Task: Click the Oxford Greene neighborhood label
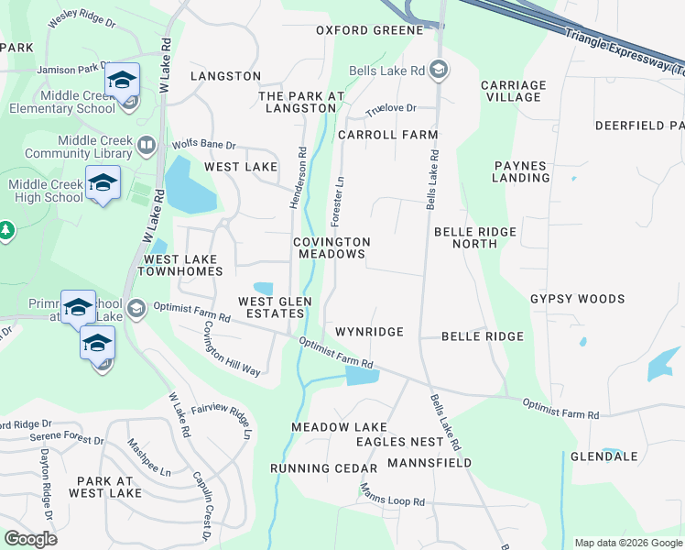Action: point(369,30)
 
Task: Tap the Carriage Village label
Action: point(513,91)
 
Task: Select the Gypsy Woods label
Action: point(577,299)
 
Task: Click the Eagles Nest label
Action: point(400,442)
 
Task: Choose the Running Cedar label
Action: point(313,468)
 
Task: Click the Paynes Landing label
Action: point(520,171)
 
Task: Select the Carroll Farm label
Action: point(387,135)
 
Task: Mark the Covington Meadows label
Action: point(332,247)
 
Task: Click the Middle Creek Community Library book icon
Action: point(146,145)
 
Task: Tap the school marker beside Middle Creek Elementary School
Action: point(122,81)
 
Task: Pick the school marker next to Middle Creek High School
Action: point(103,183)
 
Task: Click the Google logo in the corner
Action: point(30,539)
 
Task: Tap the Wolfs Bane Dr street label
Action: point(203,145)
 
